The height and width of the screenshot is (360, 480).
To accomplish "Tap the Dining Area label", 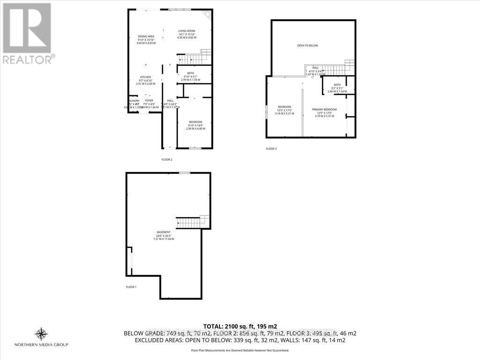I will tap(146, 37).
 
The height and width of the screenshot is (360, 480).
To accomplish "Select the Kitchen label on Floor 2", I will tap(146, 77).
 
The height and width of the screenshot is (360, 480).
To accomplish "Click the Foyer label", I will tap(149, 101).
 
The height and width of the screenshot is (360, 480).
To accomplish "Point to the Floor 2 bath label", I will tap(190, 73).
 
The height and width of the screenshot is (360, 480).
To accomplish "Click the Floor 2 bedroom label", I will tap(195, 122).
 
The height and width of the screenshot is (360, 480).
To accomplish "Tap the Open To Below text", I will tap(307, 45).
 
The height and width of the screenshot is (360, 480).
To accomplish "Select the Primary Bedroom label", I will tap(324, 109).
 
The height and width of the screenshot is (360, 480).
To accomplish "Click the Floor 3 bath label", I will tap(337, 85).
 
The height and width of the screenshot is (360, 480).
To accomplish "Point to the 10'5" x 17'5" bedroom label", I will tap(285, 107).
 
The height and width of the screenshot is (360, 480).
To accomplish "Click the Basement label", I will tap(164, 232).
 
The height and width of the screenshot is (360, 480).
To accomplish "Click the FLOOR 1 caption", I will tap(131, 287).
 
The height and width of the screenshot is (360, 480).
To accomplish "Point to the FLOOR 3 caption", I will tap(271, 149).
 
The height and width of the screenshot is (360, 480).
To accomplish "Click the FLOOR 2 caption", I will tap(167, 159).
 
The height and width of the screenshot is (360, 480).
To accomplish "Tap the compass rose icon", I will tap(41, 334).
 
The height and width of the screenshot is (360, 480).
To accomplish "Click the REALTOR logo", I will tap(27, 33).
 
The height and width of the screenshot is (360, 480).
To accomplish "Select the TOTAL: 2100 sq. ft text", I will tap(240, 326).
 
